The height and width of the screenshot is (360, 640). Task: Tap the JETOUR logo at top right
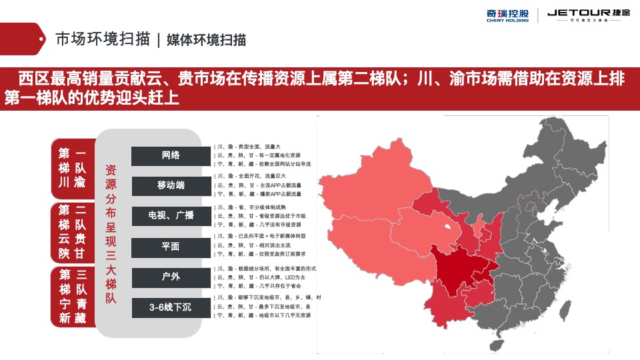point(587,15)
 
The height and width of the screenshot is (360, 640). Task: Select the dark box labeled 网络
point(171,155)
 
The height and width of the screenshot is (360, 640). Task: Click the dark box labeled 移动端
point(171,185)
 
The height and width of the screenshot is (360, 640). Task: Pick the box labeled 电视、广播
point(171,216)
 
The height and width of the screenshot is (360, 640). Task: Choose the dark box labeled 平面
point(171,247)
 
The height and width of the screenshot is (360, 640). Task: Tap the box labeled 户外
point(171,277)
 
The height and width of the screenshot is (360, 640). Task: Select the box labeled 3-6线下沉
point(171,307)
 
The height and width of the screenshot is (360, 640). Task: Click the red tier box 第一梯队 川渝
point(73,167)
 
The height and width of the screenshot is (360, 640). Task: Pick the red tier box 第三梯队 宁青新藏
point(73,296)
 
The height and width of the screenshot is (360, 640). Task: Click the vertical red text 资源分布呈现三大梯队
point(111,233)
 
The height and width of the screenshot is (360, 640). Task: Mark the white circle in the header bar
point(42,39)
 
